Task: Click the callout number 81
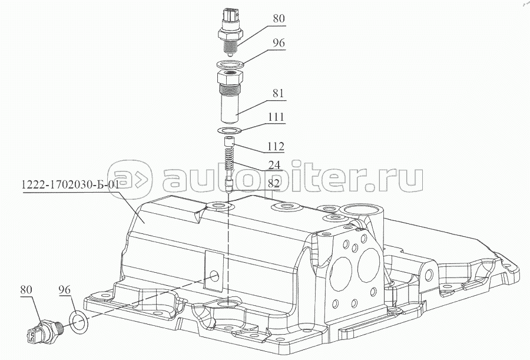point(278,93)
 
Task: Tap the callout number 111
point(276,117)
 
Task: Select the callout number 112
point(276,147)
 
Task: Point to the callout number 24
point(274,165)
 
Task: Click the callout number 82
point(274,183)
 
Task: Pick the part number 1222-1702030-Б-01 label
point(70,185)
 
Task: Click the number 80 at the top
point(279,19)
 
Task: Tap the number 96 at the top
point(279,43)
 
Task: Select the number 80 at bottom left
point(26,290)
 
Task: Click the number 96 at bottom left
point(64,290)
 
